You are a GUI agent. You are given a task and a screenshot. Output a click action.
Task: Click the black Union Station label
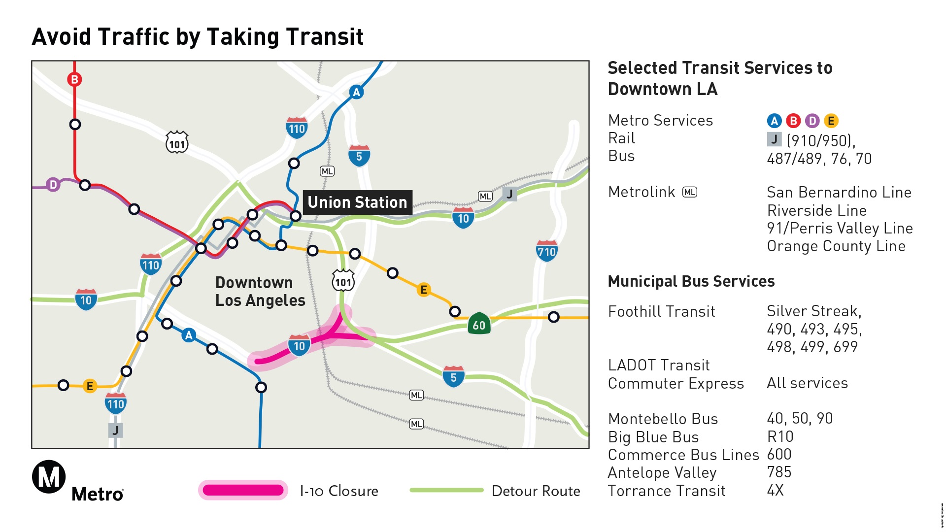click(357, 202)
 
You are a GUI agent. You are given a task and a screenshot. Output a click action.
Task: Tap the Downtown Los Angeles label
click(260, 292)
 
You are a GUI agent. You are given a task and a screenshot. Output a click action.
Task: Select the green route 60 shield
click(479, 324)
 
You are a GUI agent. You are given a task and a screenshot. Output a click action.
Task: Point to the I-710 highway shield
click(546, 251)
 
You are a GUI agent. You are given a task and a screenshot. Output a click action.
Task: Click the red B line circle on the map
click(74, 79)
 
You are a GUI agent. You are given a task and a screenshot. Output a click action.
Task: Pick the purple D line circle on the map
click(53, 185)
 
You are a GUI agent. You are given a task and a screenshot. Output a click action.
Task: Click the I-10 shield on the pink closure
click(299, 345)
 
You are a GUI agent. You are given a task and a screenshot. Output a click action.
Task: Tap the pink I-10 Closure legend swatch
click(243, 490)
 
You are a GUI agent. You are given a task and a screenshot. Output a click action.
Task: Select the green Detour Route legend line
click(446, 490)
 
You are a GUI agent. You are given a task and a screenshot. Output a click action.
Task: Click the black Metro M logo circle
click(49, 477)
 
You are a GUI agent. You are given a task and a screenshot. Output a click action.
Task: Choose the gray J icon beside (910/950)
click(774, 140)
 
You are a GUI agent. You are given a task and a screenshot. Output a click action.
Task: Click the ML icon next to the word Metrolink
click(690, 192)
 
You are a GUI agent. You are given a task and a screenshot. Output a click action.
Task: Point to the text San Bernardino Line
click(839, 192)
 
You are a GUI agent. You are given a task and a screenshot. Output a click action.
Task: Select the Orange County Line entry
click(836, 246)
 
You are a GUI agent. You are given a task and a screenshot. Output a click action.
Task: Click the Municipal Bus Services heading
click(691, 281)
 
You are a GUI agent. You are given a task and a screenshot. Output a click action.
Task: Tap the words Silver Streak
click(813, 311)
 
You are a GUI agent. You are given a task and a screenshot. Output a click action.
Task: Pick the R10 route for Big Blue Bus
click(780, 436)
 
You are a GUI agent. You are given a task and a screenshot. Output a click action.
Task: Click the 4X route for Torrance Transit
click(775, 490)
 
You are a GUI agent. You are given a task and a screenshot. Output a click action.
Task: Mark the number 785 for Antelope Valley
click(779, 472)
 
